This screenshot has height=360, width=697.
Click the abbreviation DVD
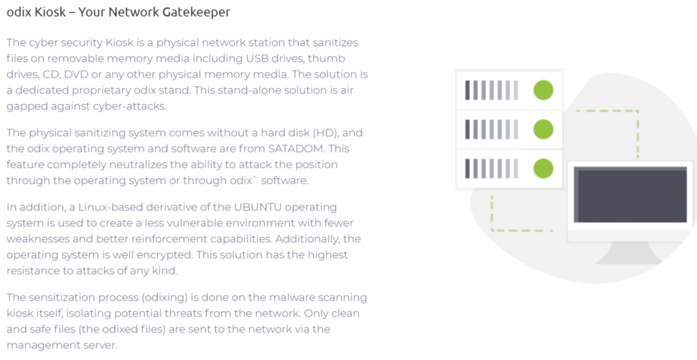76,74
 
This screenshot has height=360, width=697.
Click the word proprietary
99,91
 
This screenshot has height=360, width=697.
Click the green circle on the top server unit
543,91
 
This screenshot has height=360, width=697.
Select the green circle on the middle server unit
543,129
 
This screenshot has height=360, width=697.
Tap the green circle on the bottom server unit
543,169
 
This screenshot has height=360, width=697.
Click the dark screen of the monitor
630,195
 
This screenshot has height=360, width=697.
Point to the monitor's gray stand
629,254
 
